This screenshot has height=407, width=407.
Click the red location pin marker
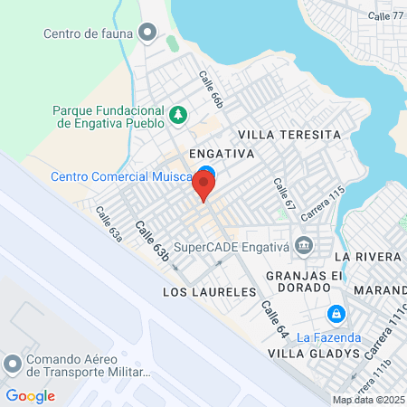point(203,187)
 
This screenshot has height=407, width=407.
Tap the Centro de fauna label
point(88,33)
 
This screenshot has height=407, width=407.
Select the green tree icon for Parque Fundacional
point(179,115)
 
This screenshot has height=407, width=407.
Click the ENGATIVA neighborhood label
point(222,155)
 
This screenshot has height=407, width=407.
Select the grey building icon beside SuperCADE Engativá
point(304,244)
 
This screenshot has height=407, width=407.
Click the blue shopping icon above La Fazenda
point(336,314)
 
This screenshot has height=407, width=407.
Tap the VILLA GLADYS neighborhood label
point(314,353)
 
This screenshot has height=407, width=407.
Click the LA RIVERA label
point(366,257)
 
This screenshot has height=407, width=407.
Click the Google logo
point(30,395)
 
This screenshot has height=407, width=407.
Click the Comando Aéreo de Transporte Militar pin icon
point(12,364)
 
